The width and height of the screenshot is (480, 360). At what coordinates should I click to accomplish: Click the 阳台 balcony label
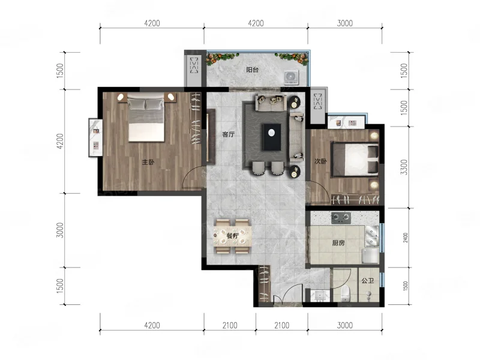252,70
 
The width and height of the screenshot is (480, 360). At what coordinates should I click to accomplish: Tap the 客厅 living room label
229,134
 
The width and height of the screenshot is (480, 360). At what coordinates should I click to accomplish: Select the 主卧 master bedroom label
148,162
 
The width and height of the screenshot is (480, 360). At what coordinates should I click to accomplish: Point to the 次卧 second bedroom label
320,161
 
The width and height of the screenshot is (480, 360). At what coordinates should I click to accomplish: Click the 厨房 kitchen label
338,243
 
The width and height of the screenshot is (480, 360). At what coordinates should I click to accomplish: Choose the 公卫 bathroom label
367,280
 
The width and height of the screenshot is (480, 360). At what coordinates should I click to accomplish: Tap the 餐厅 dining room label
233,236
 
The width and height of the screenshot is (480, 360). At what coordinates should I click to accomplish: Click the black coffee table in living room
272,137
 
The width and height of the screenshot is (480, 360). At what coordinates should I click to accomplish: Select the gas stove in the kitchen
341,218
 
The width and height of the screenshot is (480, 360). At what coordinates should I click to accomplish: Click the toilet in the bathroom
346,293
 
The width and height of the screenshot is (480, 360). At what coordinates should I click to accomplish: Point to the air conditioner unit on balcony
291,77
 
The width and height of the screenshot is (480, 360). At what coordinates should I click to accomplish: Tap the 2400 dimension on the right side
406,238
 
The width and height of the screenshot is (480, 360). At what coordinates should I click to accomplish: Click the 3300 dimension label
404,167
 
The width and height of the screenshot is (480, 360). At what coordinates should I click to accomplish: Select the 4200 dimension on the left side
61,141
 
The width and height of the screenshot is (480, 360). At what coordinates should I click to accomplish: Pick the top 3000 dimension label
344,23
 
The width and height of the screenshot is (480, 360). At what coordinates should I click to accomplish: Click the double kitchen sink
371,236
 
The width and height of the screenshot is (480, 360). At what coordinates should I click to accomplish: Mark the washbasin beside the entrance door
320,295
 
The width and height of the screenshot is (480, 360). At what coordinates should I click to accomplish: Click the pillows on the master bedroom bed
146,104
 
